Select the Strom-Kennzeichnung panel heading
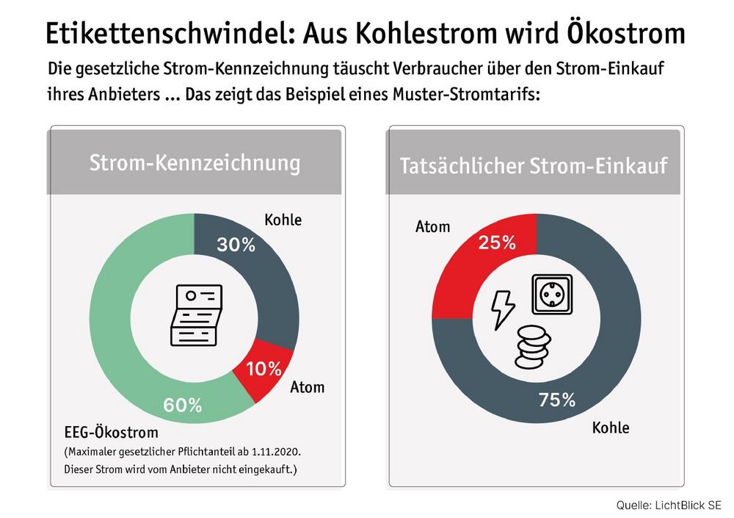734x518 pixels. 195,163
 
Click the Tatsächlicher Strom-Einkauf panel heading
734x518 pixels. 534,166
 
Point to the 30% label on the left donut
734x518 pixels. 236,245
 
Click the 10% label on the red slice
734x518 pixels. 263,369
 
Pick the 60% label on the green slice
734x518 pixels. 181,405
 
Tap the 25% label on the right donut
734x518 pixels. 496,242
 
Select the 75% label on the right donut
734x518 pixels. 556,400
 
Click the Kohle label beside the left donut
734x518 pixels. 283,220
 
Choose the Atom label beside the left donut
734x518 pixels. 308,386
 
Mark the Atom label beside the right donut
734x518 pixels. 432,226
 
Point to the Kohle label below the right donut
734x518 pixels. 611,427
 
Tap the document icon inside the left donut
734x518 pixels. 195,314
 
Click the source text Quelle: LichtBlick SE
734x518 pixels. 669,506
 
